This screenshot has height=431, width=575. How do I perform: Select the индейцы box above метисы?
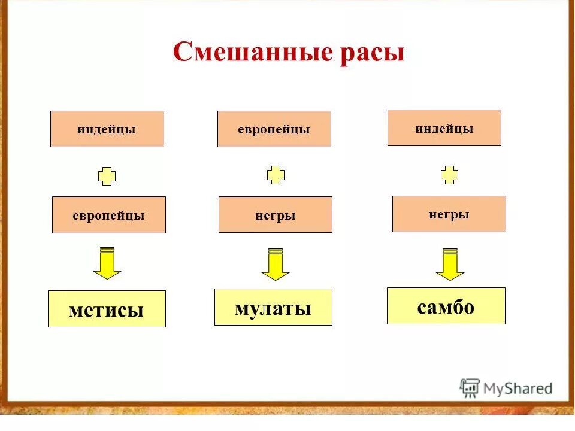pos(107,129)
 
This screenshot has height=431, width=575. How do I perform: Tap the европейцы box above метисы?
pos(108,215)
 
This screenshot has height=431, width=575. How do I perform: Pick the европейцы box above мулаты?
pos(274,129)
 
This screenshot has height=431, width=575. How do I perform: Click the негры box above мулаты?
pos(275,215)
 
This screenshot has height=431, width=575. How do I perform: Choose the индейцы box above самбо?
pos(444,128)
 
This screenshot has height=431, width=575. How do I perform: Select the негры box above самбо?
pos(449,214)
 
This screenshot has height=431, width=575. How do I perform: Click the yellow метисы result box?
pos(107,309)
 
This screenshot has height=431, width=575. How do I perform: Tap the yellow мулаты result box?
pos(273,307)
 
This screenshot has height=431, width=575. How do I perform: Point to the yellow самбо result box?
pos(446,306)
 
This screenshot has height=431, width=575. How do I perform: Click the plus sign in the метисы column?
pos(107,176)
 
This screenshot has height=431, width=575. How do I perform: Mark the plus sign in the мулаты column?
pos(276,175)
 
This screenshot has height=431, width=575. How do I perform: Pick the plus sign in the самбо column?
pos(449,175)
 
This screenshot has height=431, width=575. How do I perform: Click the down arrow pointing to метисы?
pos(107,263)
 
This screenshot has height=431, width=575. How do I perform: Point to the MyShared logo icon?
pos(470,388)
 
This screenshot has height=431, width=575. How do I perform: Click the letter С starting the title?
pos(182,53)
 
